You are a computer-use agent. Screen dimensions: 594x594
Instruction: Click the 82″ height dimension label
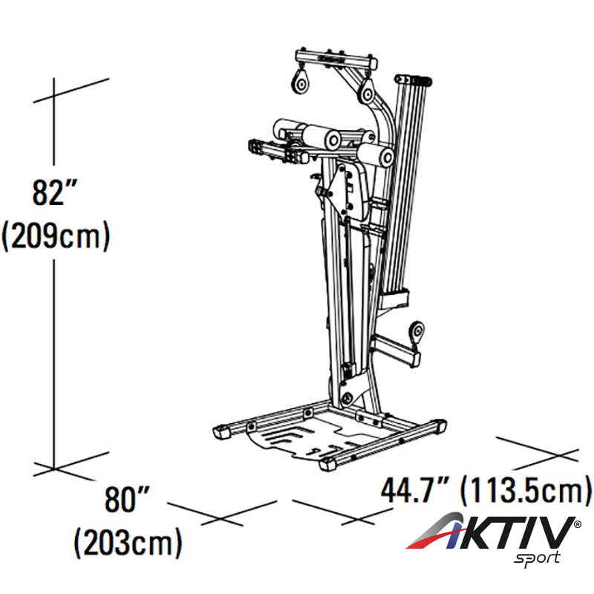55,192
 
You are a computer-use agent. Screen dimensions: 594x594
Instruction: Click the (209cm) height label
56,235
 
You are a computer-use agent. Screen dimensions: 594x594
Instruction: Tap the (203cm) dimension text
128,543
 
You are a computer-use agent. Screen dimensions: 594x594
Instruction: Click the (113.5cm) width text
526,491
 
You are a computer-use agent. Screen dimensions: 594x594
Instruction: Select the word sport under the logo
537,558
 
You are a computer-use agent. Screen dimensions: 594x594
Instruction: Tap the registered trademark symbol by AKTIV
578,524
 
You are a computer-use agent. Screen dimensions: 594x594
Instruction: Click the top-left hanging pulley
301,83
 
